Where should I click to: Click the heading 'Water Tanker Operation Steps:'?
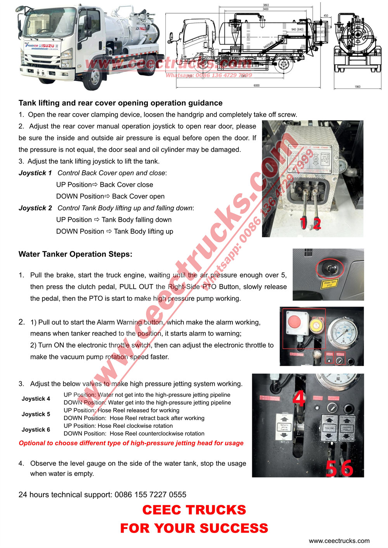(x=75, y=254)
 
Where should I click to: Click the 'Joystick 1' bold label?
(x=35, y=173)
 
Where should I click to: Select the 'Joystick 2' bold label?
(x=35, y=208)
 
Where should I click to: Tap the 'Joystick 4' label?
(x=36, y=398)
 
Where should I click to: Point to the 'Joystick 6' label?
(x=36, y=429)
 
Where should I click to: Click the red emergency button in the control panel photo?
(x=294, y=322)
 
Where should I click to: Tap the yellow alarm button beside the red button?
(x=316, y=324)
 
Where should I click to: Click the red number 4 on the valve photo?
(x=299, y=398)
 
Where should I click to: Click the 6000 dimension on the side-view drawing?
(x=256, y=85)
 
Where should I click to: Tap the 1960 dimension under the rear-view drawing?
(x=357, y=87)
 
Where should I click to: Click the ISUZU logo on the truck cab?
(x=48, y=46)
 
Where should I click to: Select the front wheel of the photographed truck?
(x=93, y=76)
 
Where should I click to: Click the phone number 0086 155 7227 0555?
(x=151, y=495)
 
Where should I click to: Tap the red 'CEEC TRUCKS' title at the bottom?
(x=194, y=510)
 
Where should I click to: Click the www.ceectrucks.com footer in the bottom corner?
(x=339, y=541)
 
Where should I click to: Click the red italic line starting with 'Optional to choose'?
(x=131, y=443)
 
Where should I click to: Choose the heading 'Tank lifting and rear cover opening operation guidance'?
(x=120, y=103)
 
